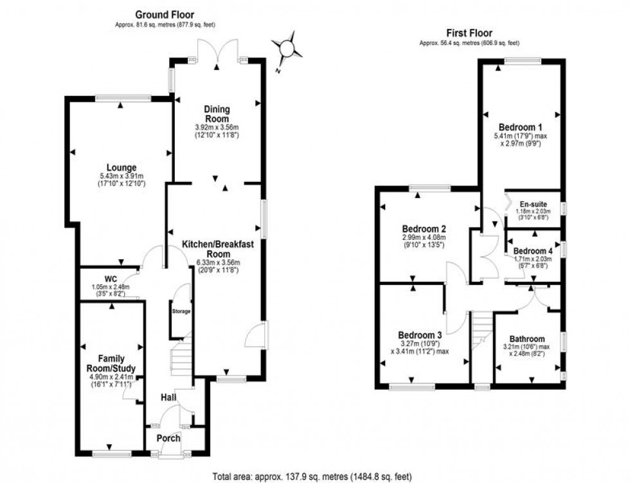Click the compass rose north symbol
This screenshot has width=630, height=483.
pyautogui.click(x=286, y=49)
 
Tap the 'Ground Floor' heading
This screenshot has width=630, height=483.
pyautogui.click(x=163, y=15)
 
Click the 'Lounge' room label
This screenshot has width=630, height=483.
pyautogui.click(x=122, y=168)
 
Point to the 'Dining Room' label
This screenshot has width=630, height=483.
pyautogui.click(x=217, y=114)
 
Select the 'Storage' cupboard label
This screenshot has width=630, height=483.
pyautogui.click(x=181, y=311)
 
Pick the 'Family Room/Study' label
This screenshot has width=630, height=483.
pyautogui.click(x=111, y=363)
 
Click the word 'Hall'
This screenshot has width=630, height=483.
pyautogui.click(x=169, y=398)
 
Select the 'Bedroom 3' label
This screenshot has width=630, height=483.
pyautogui.click(x=420, y=335)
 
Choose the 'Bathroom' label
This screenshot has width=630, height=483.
pyautogui.click(x=527, y=339)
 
